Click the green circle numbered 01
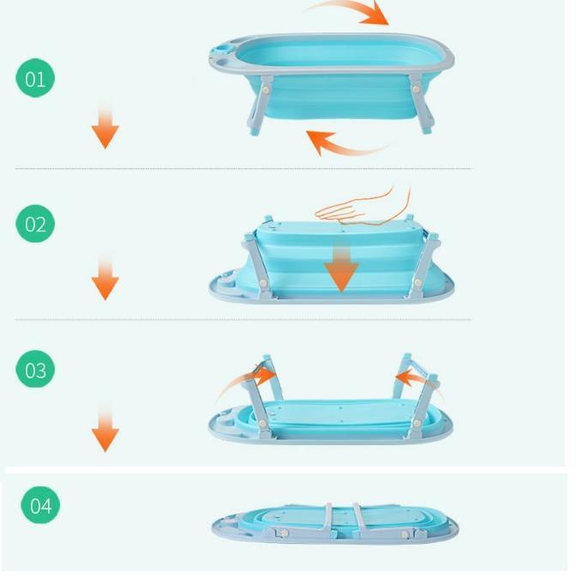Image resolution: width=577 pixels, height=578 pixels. (35, 79)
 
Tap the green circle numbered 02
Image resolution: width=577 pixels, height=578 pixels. (35, 225)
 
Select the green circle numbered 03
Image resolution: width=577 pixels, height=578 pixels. (35, 370)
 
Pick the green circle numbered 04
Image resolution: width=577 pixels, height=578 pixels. (40, 506)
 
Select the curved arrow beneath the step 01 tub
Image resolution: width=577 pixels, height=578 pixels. (345, 147)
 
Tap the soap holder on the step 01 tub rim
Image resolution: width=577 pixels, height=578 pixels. (223, 51)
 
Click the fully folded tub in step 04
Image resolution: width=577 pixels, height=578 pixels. (335, 524)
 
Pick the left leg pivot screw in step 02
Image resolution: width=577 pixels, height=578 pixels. (263, 283)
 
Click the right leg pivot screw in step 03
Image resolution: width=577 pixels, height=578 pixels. (417, 424)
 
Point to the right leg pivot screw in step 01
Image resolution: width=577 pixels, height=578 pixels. (416, 89)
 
